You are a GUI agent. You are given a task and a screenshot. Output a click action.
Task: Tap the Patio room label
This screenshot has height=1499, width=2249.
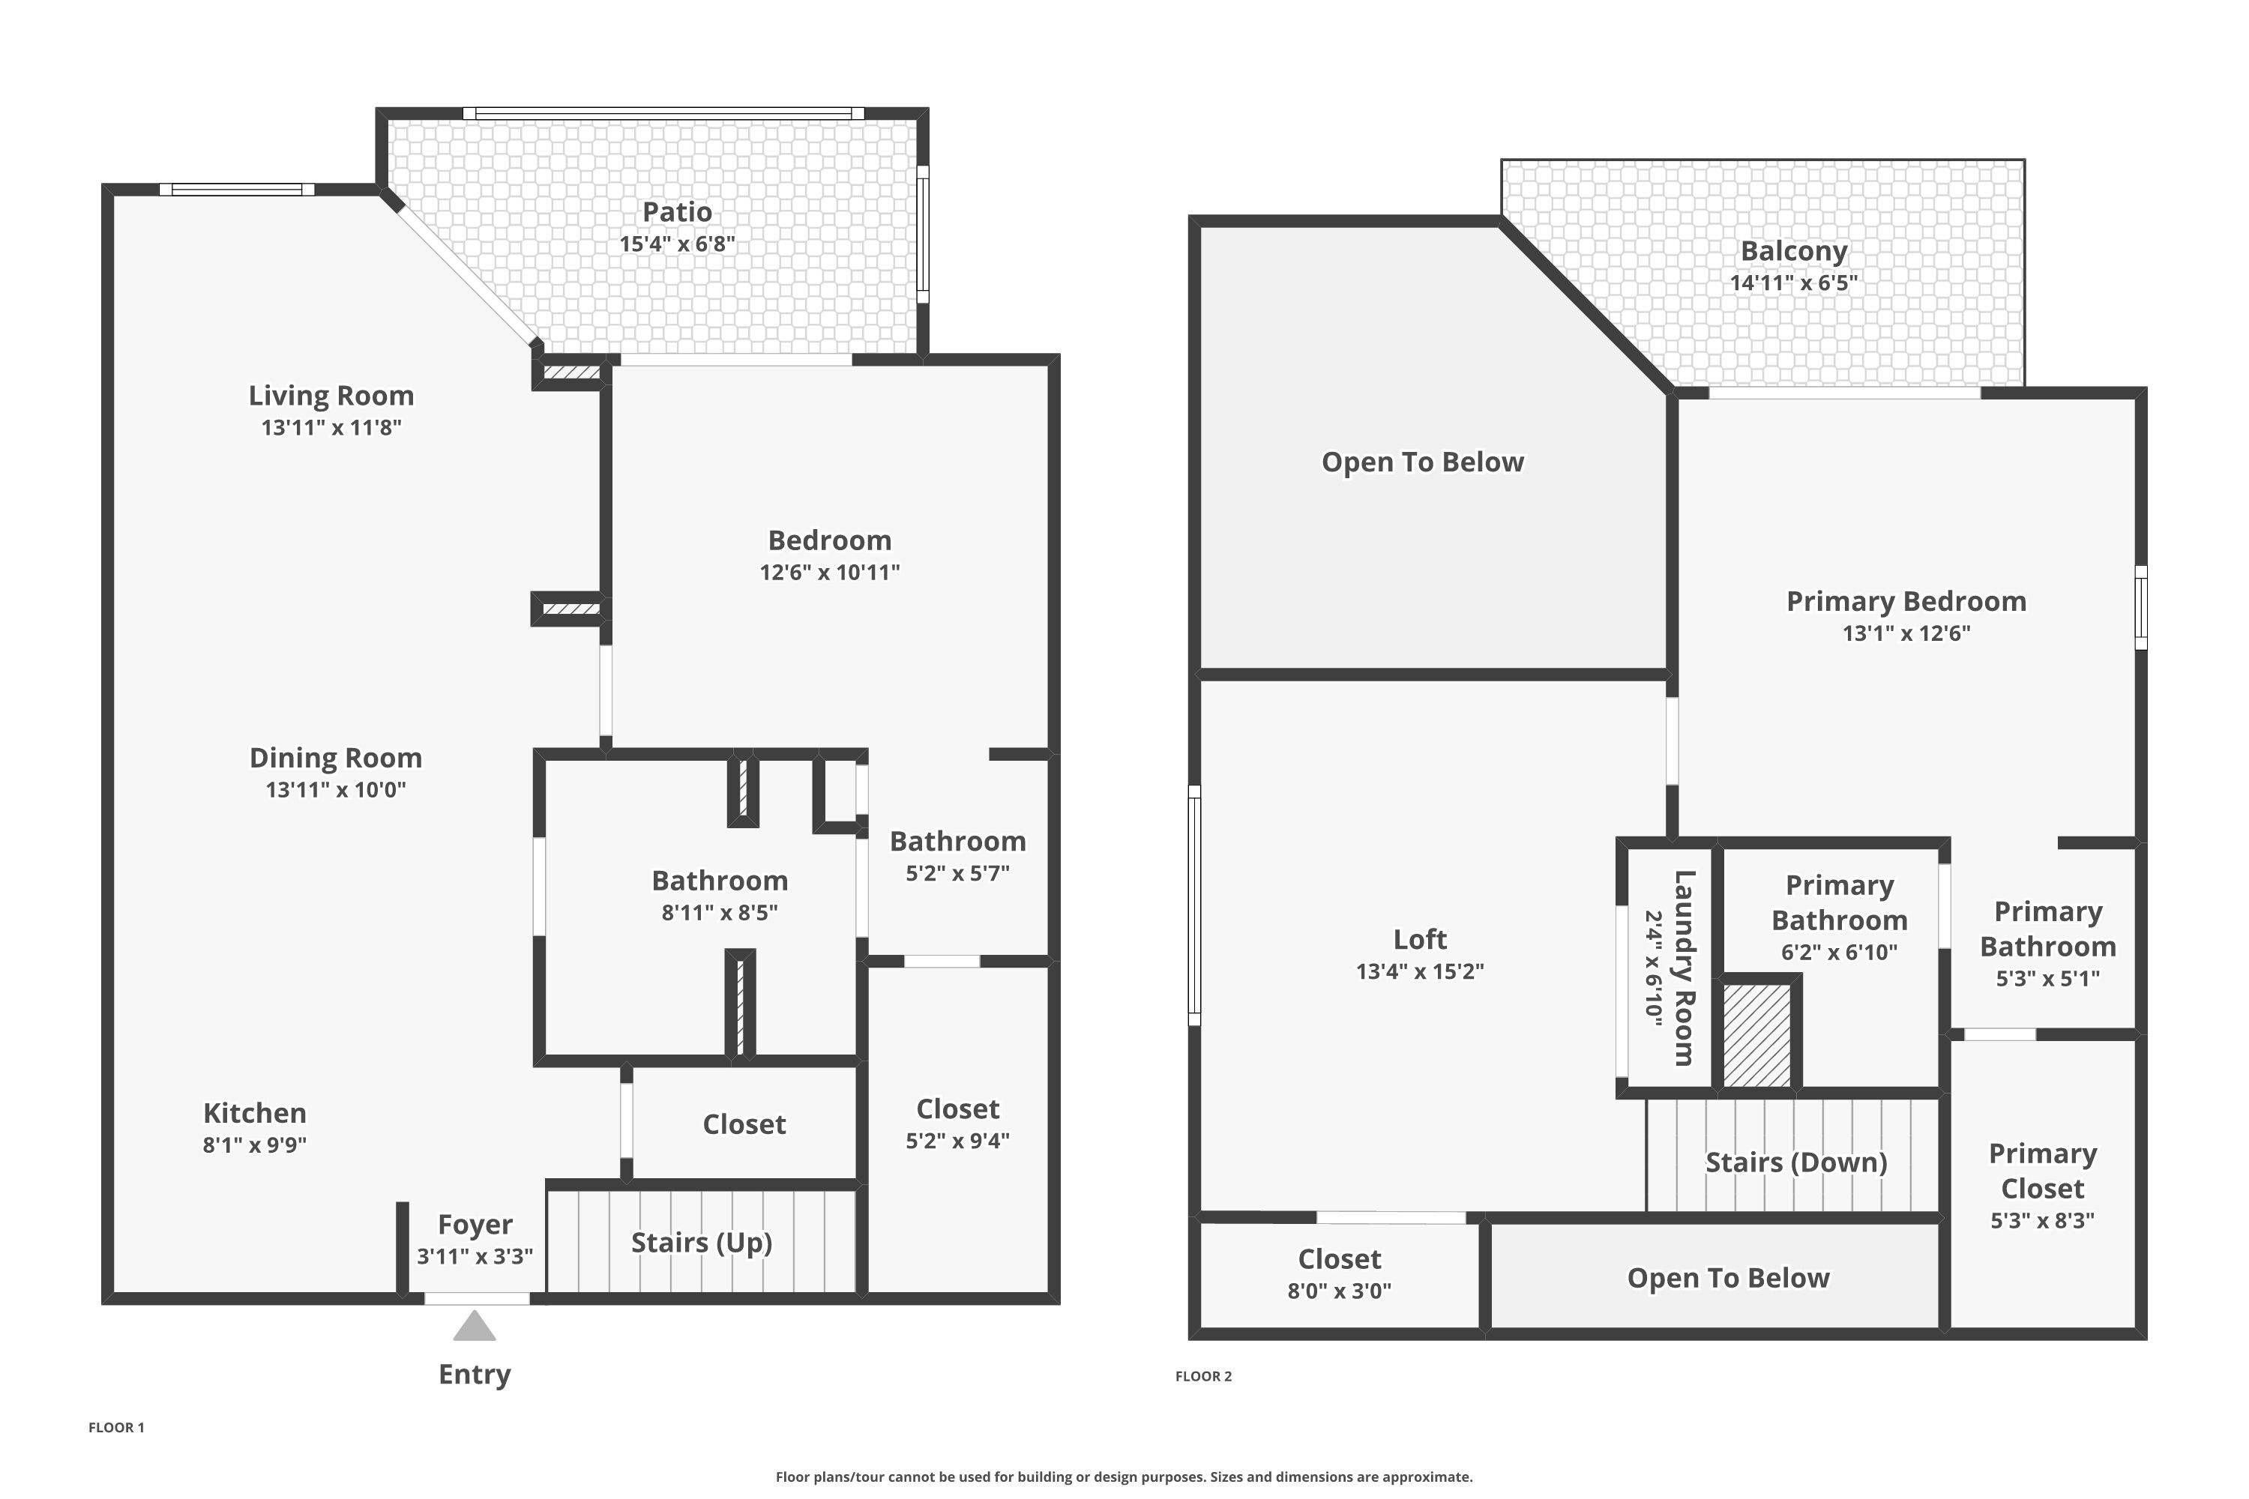pyautogui.click(x=677, y=212)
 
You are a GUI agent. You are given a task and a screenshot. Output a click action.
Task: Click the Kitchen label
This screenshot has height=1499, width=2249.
pyautogui.click(x=254, y=1113)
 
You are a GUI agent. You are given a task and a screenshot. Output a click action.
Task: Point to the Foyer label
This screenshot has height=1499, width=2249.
pyautogui.click(x=475, y=1225)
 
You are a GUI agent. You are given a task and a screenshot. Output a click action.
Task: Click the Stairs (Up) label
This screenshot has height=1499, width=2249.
pyautogui.click(x=701, y=1242)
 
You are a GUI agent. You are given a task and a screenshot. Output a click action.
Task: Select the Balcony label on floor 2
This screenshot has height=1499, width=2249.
pyautogui.click(x=1793, y=251)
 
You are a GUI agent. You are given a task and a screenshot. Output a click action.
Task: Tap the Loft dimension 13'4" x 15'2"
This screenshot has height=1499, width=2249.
pyautogui.click(x=1419, y=971)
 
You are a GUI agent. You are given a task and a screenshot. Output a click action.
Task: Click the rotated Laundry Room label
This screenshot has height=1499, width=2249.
pyautogui.click(x=1683, y=968)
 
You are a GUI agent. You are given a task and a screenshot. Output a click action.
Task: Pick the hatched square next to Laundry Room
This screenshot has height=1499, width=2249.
pyautogui.click(x=1756, y=1035)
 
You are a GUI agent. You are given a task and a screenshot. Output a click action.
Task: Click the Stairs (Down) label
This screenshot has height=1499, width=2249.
pyautogui.click(x=1795, y=1162)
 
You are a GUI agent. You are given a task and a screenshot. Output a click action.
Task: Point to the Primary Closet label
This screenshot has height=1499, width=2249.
pyautogui.click(x=2042, y=1171)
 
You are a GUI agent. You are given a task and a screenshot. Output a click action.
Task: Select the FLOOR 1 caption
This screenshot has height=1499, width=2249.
pyautogui.click(x=115, y=1427)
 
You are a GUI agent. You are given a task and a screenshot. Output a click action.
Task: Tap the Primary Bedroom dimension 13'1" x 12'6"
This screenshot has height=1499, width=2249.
pyautogui.click(x=1906, y=633)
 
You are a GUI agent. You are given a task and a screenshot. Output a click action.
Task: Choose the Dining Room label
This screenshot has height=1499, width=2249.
pyautogui.click(x=336, y=758)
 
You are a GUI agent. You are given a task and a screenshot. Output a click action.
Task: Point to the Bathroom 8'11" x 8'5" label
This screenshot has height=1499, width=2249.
pyautogui.click(x=719, y=881)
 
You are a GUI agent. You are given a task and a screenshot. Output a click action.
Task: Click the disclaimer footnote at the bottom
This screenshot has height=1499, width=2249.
pyautogui.click(x=1124, y=1477)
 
